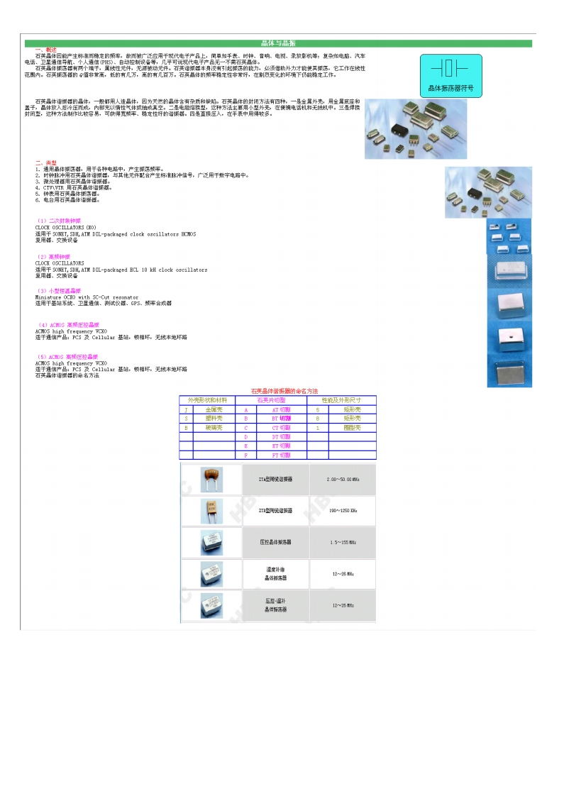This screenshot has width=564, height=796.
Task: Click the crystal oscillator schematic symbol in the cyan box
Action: pyautogui.click(x=450, y=68)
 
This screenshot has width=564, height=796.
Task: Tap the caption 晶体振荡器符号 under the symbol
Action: pyautogui.click(x=451, y=89)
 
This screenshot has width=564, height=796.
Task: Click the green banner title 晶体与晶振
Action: pyautogui.click(x=278, y=43)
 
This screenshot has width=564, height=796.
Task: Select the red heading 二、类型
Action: pyautogui.click(x=46, y=162)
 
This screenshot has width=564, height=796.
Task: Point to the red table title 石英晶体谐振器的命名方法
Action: pyautogui.click(x=284, y=391)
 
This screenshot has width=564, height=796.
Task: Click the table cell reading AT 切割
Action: pyautogui.click(x=281, y=410)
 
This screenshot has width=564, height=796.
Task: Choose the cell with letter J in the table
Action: pyautogui.click(x=186, y=410)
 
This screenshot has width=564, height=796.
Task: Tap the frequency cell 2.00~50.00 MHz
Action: pyautogui.click(x=343, y=480)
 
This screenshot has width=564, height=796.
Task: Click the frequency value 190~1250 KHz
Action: pyautogui.click(x=343, y=511)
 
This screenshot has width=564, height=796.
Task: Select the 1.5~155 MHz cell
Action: pyautogui.click(x=343, y=542)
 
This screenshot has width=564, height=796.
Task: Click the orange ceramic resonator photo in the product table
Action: pyautogui.click(x=211, y=478)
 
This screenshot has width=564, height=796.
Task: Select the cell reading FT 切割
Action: pyautogui.click(x=281, y=455)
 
